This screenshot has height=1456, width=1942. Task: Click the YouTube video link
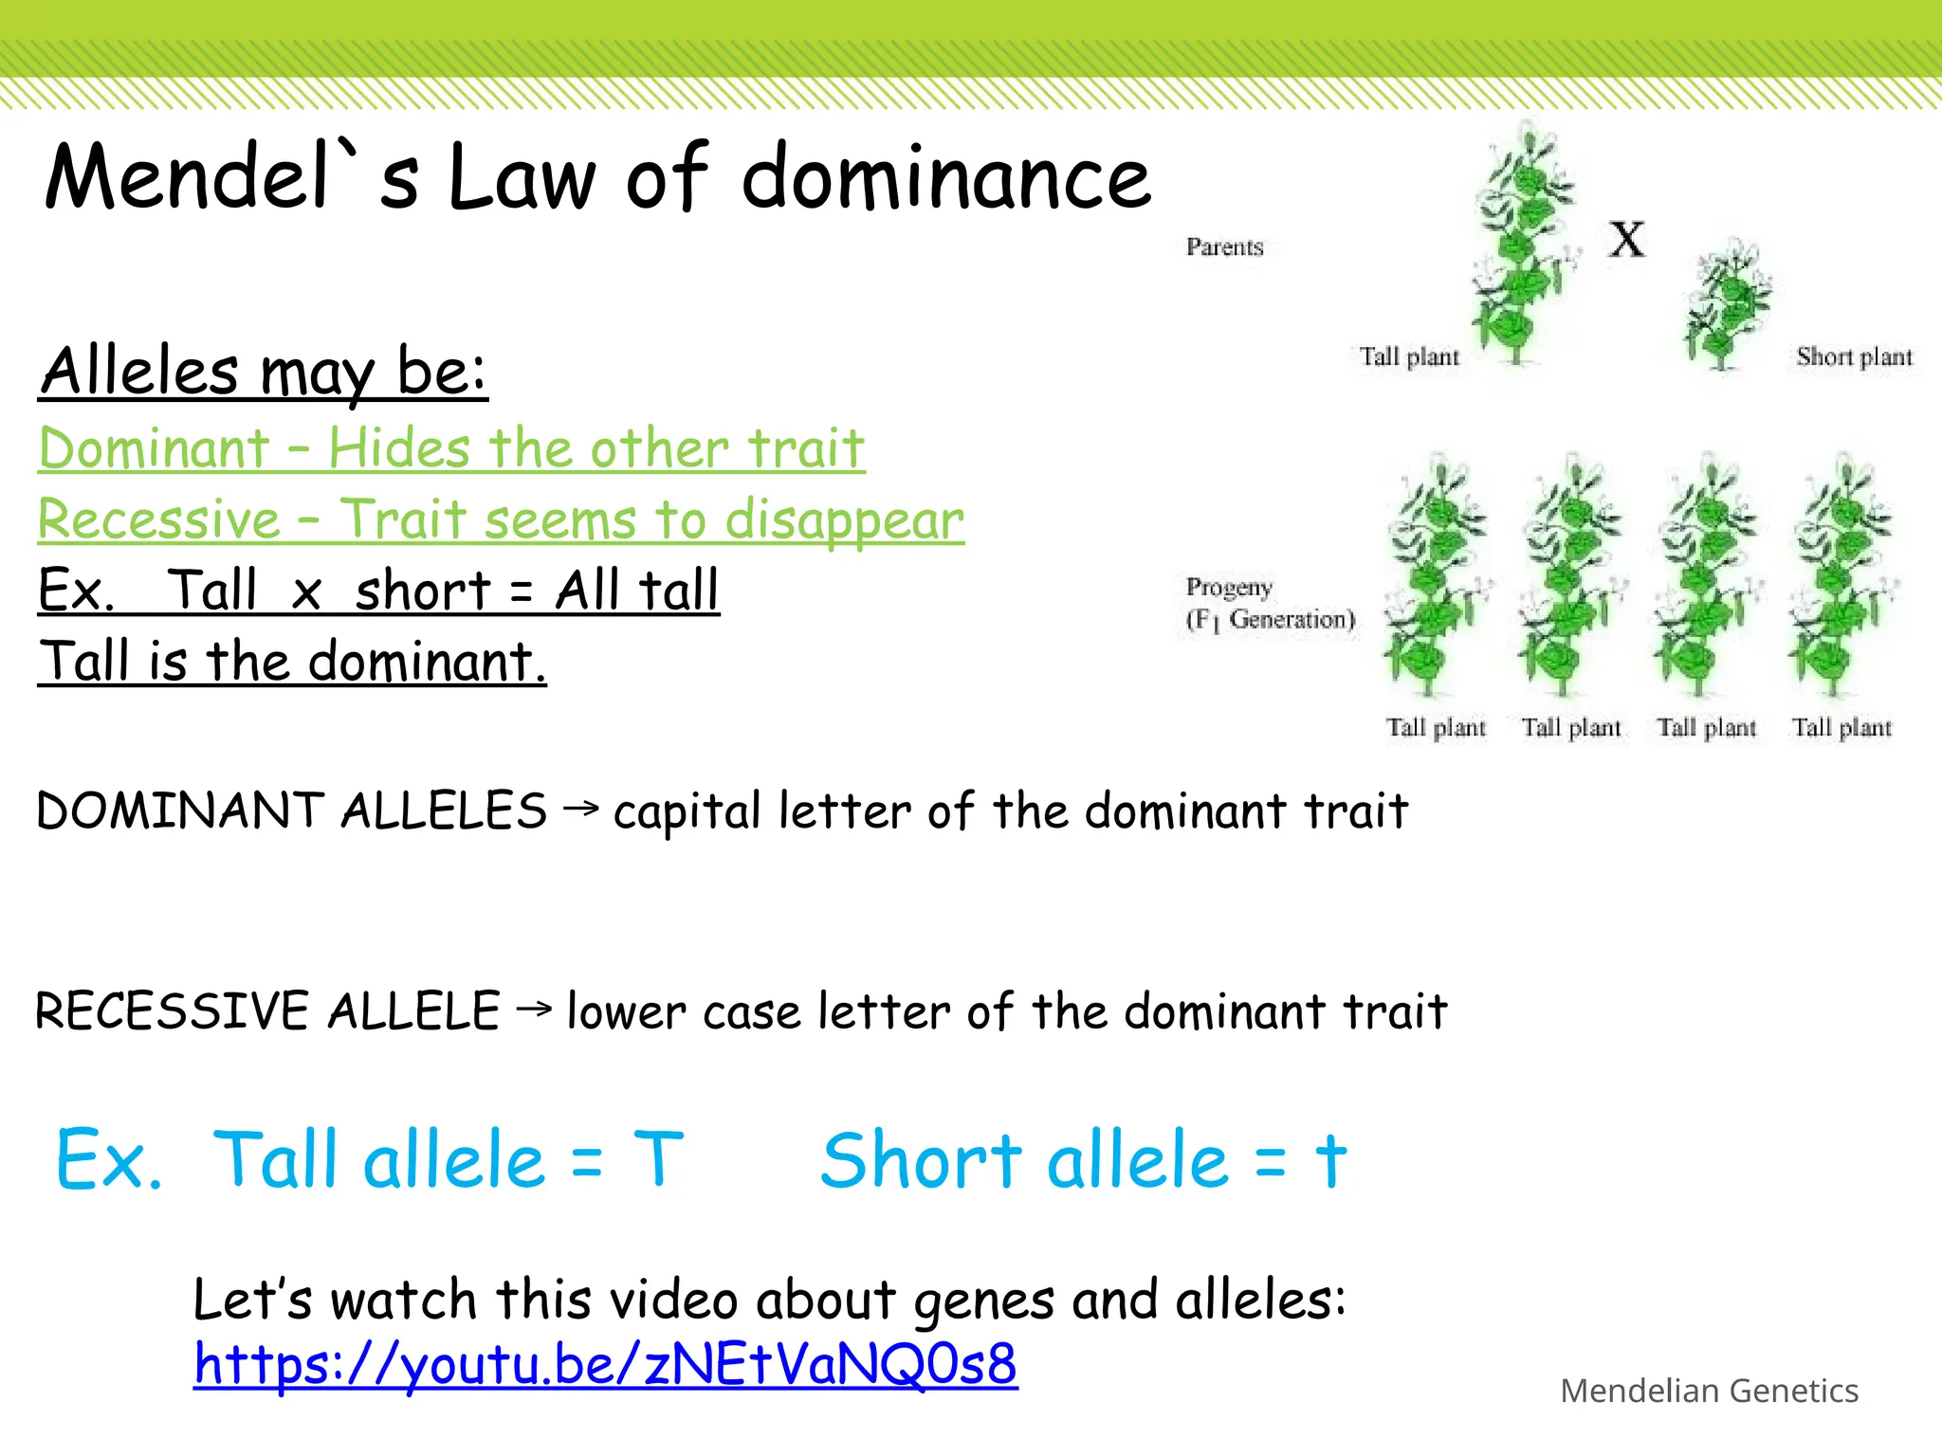605,1365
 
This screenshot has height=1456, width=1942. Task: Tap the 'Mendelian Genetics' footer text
1709,1391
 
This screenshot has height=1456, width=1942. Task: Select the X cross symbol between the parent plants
1627,239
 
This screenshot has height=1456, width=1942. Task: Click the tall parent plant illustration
1522,246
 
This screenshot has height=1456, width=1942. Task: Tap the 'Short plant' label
1854,357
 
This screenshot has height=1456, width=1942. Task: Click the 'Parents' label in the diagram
1224,247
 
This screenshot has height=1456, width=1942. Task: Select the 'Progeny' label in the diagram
1229,588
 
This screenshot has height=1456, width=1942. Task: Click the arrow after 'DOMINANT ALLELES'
580,809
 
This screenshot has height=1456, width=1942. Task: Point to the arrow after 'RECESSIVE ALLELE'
534,1009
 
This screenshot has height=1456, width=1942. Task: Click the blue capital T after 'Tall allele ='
658,1159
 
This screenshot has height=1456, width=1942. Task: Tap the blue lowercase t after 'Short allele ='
1330,1159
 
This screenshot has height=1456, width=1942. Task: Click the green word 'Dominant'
155,447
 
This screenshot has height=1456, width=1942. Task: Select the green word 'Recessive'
159,519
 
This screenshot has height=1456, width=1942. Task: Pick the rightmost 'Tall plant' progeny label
1841,728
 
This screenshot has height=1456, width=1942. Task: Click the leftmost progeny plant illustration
1436,578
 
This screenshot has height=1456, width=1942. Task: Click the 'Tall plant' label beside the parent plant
1409,357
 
